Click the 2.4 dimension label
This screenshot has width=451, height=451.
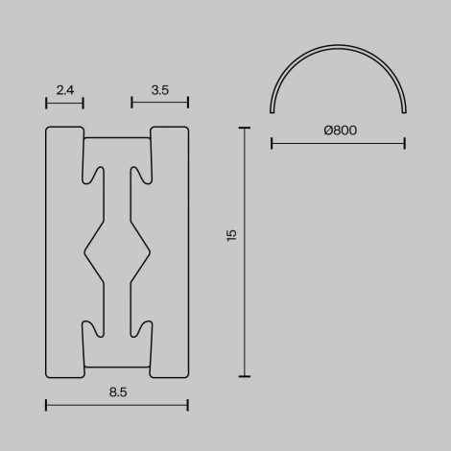tap(65, 90)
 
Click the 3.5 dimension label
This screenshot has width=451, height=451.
tap(160, 90)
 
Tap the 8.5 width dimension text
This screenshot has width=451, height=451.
tap(116, 392)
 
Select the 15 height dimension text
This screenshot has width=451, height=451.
tap(231, 235)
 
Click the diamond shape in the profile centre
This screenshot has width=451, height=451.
tap(117, 252)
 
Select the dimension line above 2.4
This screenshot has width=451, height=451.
tap(65, 103)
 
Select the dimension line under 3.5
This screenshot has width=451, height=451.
tap(160, 103)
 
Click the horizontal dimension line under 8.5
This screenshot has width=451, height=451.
tap(116, 405)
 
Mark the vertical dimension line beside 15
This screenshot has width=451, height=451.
tap(245, 252)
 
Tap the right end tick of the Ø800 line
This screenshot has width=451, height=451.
tap(404, 144)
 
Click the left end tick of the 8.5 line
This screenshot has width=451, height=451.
tap(45, 405)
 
